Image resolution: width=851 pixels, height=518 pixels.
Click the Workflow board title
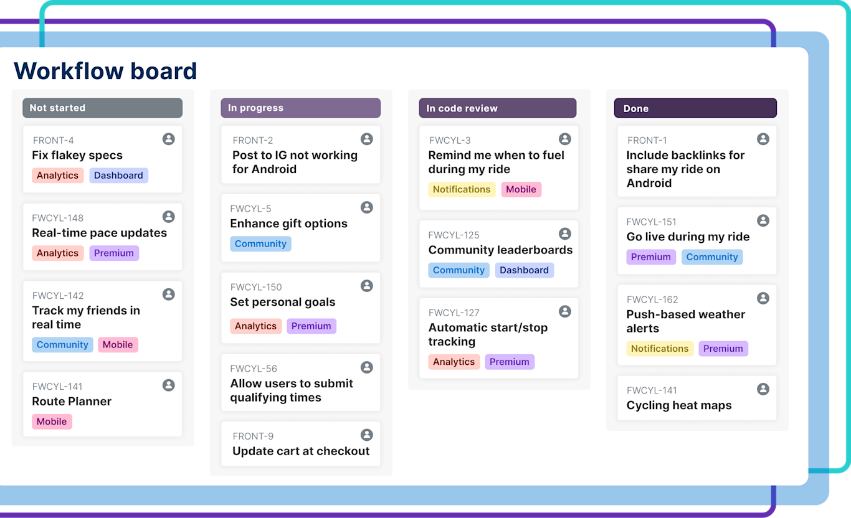(105, 71)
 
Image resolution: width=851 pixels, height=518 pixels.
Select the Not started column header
(103, 108)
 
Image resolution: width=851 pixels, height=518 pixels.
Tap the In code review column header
(497, 108)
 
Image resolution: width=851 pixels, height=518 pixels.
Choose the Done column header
(695, 108)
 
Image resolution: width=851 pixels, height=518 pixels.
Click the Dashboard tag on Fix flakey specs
(118, 176)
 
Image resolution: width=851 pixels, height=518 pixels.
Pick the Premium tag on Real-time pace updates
(114, 253)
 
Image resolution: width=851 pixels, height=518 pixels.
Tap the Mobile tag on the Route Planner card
(52, 421)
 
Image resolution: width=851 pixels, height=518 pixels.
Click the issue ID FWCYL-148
(58, 218)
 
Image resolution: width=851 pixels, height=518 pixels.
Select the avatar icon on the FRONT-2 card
(367, 139)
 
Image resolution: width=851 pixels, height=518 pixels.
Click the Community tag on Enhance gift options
(260, 244)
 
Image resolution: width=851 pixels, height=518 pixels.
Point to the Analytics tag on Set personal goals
(255, 326)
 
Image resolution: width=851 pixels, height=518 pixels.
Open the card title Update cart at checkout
(301, 451)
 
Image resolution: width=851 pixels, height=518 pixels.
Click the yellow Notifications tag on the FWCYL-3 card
(462, 189)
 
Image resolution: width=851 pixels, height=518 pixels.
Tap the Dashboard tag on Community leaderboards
(524, 270)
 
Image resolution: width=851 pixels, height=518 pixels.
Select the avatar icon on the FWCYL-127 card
(565, 311)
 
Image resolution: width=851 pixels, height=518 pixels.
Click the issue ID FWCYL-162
(652, 299)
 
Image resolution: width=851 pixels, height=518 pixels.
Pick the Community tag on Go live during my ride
(712, 257)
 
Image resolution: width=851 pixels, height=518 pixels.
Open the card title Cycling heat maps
(679, 405)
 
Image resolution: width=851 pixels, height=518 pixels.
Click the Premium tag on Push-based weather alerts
(723, 349)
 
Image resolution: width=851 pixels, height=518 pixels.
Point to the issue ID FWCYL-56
(254, 369)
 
